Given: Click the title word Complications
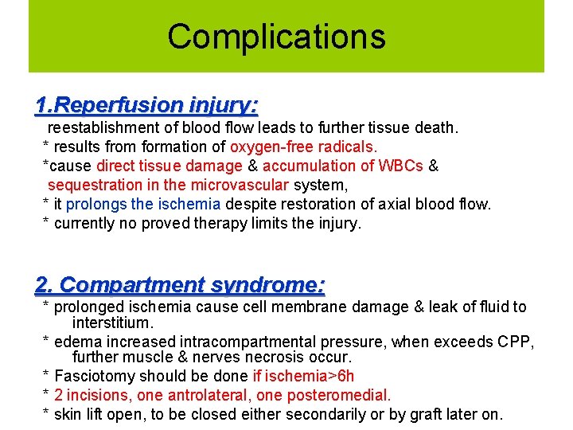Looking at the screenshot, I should coord(276,37).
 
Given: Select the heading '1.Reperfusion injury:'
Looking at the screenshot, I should coord(146,104).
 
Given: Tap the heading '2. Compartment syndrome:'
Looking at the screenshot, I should coord(181,284).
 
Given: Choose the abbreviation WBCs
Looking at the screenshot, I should coord(401,166).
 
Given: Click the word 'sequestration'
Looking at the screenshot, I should coord(92,185).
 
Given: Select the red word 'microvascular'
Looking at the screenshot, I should coord(239,185).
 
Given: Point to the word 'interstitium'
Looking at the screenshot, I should coord(111,322).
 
